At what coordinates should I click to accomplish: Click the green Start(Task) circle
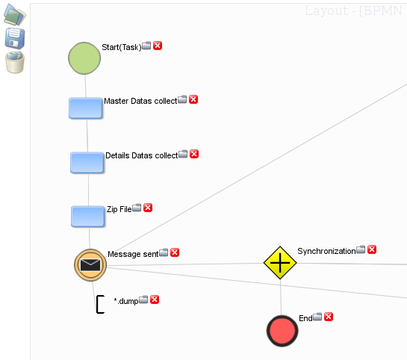tap(84, 58)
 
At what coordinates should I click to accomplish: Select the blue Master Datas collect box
tap(86, 108)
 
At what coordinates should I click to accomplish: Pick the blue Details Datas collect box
tap(87, 163)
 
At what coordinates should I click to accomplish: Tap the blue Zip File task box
tap(88, 217)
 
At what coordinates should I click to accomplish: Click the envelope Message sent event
tap(90, 265)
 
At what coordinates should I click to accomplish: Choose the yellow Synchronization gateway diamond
tap(280, 263)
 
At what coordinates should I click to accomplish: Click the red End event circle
tap(282, 331)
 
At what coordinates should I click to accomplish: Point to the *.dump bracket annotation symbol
tap(100, 304)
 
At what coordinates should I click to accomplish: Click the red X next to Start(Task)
tap(158, 46)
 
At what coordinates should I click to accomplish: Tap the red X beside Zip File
tap(148, 208)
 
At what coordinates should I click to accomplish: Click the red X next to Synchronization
tap(372, 249)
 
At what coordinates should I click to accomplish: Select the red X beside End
tap(329, 317)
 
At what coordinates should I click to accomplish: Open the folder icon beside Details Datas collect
tap(183, 154)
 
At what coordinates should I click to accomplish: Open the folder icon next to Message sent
tap(164, 252)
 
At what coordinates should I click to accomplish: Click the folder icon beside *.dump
tap(143, 300)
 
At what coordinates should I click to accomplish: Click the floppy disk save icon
tap(15, 38)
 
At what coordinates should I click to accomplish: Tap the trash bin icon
tap(15, 62)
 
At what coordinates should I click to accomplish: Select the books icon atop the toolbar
tap(14, 14)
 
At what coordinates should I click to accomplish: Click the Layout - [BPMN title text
tap(353, 11)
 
